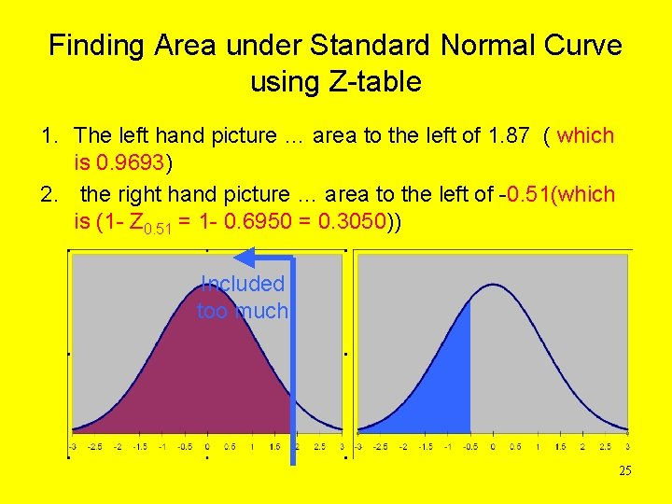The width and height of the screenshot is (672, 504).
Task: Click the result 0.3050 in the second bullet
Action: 357,223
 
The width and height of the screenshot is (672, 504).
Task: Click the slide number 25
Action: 624,471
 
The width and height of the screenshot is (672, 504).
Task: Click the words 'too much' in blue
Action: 243,311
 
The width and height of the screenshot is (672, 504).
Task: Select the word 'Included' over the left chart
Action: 243,284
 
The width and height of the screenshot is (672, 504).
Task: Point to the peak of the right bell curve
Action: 493,271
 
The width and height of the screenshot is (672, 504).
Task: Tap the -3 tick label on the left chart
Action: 73,447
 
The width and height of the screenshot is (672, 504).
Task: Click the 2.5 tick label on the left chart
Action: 320,447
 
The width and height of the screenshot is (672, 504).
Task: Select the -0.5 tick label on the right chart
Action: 470,447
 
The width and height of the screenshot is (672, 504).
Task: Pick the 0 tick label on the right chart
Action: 493,447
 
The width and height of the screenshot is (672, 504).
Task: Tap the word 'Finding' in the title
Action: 91,45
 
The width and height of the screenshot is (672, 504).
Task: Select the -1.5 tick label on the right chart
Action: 426,447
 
